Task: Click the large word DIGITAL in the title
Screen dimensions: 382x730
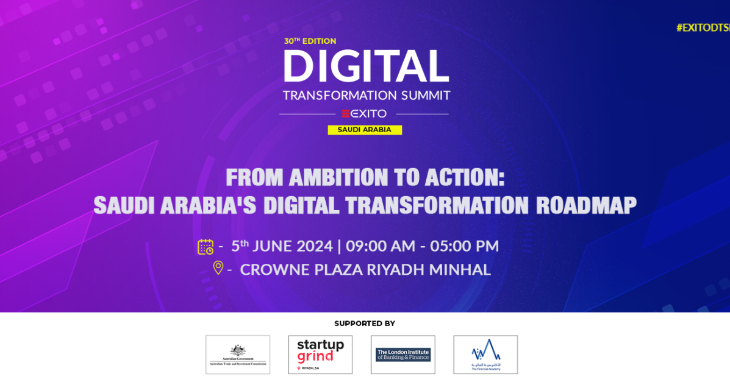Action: [x=366, y=66]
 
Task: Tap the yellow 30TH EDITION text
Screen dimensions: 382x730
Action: [x=310, y=41]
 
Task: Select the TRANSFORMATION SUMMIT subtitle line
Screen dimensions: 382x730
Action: [x=366, y=95]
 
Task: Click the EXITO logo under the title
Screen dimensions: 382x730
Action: [x=364, y=113]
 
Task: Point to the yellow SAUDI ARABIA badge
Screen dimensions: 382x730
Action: [x=365, y=130]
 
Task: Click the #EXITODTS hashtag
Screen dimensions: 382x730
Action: [x=703, y=27]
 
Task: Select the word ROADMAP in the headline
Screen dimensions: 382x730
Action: [x=586, y=205]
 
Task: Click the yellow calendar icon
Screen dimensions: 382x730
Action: [x=206, y=246]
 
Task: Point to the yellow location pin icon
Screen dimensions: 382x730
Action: [x=218, y=268]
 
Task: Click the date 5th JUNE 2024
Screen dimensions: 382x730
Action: [x=282, y=246]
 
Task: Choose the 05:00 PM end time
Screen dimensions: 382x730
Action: [x=464, y=246]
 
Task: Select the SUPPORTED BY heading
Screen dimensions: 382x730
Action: [x=365, y=324]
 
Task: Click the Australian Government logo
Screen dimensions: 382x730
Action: [x=238, y=355]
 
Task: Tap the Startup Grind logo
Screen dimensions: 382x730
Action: [x=320, y=355]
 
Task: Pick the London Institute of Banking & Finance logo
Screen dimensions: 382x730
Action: [x=403, y=355]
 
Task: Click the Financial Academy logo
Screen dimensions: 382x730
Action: [x=485, y=355]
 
